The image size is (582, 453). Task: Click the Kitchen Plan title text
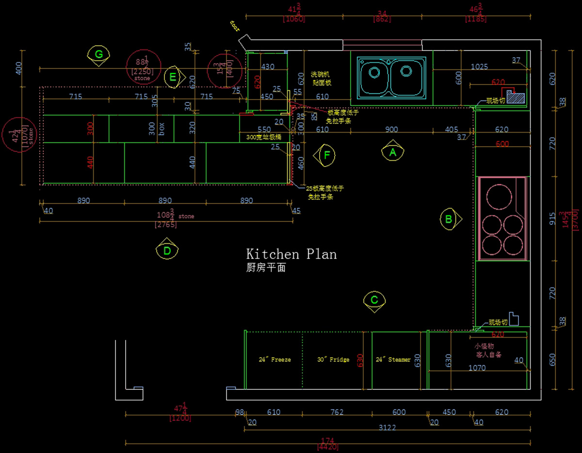coord(291,254)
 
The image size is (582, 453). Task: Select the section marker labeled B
coord(449,219)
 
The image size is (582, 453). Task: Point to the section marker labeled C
coord(374,300)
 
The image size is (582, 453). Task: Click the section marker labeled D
coord(167,251)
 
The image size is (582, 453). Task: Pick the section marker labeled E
coord(173,77)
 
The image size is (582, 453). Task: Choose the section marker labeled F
coord(327,155)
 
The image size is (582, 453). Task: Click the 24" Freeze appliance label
coord(275,360)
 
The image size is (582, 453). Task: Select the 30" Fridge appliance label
coord(333,360)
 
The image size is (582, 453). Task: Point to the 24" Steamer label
coord(393,360)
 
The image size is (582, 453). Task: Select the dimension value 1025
coord(479,67)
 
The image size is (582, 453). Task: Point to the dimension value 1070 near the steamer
coord(477,368)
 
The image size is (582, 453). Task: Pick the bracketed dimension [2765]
coord(166,225)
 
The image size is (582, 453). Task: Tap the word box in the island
coord(162,129)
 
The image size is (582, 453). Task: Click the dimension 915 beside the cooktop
coord(552,219)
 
